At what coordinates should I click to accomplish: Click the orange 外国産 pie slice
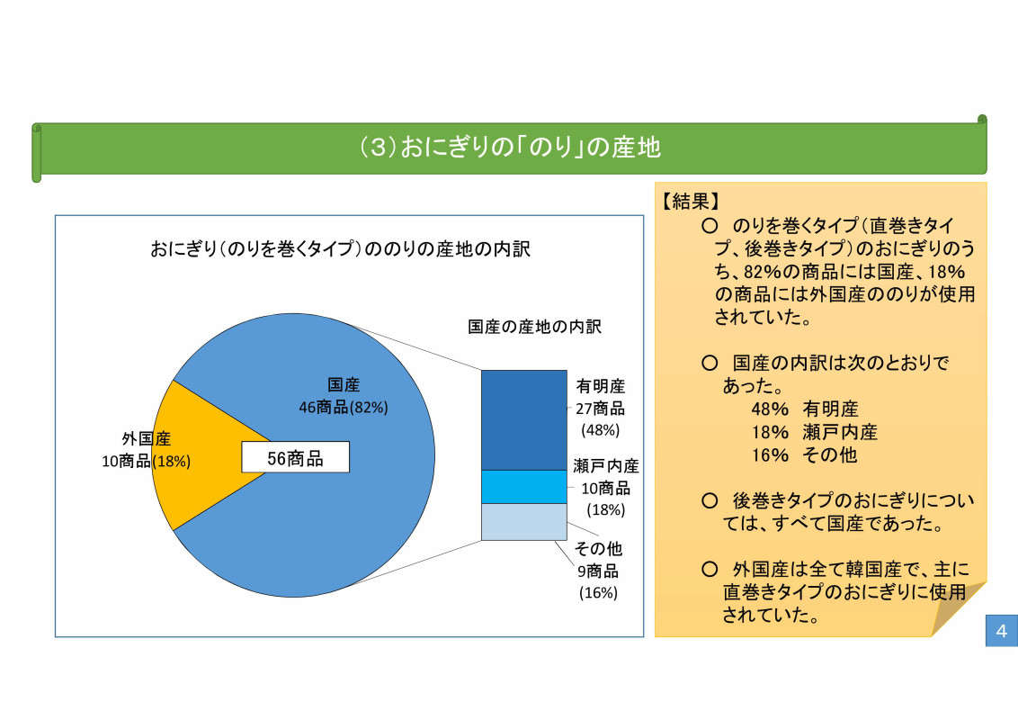(x=195, y=454)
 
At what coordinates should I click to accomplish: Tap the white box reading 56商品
(x=295, y=457)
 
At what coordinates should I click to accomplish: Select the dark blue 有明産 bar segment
(x=524, y=420)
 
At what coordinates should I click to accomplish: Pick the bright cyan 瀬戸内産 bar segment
(x=524, y=488)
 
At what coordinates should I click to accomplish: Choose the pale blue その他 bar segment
(x=524, y=522)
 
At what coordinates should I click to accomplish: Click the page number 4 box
(x=1001, y=630)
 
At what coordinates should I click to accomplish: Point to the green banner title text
(x=510, y=148)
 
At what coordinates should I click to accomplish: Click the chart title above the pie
(x=340, y=249)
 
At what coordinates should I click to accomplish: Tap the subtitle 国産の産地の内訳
(x=534, y=326)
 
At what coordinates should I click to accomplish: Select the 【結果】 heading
(x=691, y=202)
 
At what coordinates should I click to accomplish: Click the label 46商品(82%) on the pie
(x=344, y=408)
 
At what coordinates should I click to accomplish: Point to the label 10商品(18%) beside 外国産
(x=146, y=462)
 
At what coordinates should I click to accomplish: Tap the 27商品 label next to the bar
(x=601, y=409)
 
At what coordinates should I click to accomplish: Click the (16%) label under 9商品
(x=598, y=592)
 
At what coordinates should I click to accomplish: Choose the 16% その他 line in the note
(x=804, y=454)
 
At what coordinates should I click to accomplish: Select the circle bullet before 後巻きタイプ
(x=710, y=500)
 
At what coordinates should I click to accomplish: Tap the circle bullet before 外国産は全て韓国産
(x=710, y=569)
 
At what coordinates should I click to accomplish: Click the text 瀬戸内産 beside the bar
(x=606, y=466)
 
